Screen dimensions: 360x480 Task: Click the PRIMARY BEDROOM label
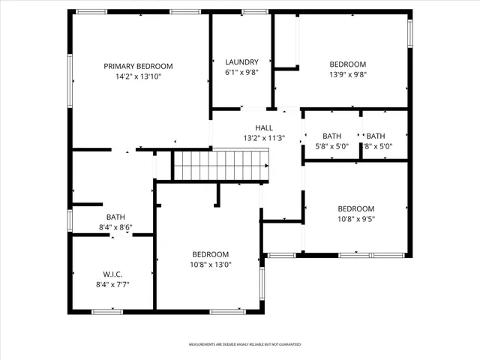click(138, 66)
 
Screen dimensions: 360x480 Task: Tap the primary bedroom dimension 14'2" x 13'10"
click(138, 76)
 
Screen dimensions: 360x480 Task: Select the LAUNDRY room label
click(241, 62)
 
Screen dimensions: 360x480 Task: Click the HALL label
click(264, 127)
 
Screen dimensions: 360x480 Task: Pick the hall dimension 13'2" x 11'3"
click(264, 138)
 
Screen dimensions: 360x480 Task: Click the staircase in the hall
click(221, 165)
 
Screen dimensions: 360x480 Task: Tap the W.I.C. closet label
click(112, 274)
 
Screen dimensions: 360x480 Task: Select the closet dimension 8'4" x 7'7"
click(112, 284)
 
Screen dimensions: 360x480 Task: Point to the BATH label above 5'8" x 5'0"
click(331, 136)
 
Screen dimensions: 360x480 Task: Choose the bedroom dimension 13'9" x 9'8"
click(348, 74)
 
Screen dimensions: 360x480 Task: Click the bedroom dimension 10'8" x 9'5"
click(355, 220)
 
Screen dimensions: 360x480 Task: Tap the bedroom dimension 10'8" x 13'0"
click(210, 265)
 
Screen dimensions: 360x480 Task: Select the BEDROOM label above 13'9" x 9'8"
click(348, 64)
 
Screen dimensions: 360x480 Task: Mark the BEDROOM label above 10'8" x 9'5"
click(355, 208)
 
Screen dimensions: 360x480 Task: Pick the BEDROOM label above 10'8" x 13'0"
click(210, 254)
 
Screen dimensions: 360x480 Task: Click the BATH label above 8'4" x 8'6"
click(115, 217)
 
